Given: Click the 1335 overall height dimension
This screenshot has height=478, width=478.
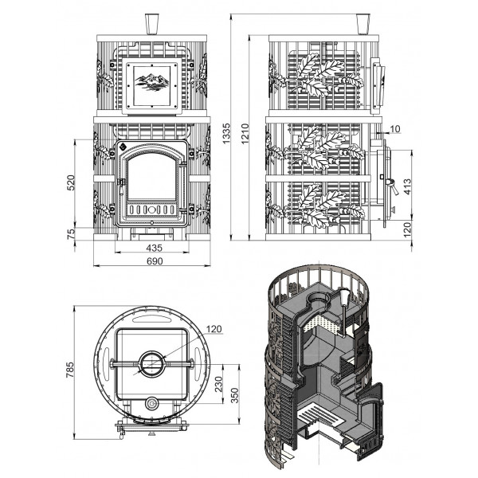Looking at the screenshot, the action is point(225,133).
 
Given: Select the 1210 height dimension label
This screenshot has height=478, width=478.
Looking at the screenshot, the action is point(245,133).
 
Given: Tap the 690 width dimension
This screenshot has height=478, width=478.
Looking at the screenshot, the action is point(155,261).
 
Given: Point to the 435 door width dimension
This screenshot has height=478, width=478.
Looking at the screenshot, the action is point(154,248).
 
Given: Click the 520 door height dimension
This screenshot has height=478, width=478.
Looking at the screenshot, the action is point(71,182).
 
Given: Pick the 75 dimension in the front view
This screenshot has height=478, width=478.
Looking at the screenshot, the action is point(71,233).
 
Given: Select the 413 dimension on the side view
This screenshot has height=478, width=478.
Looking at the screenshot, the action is point(407,186).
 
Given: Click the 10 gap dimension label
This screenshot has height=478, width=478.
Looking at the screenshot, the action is point(395,129).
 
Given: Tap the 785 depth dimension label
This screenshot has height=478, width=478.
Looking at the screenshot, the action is point(70,370).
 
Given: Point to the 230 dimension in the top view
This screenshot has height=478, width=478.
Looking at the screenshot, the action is point(219,385).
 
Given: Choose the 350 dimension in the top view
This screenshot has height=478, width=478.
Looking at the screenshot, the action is point(234,395).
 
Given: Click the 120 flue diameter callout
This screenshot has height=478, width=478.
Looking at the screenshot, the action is point(214,329).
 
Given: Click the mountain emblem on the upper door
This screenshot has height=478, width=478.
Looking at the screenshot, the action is point(152,81).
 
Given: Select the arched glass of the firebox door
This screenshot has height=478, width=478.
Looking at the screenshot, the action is point(152,177).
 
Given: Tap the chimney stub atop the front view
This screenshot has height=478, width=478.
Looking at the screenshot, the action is point(151,24).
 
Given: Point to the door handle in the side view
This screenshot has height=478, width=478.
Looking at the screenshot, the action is point(393,186).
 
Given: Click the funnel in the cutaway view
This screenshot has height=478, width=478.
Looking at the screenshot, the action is point(344,297).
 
